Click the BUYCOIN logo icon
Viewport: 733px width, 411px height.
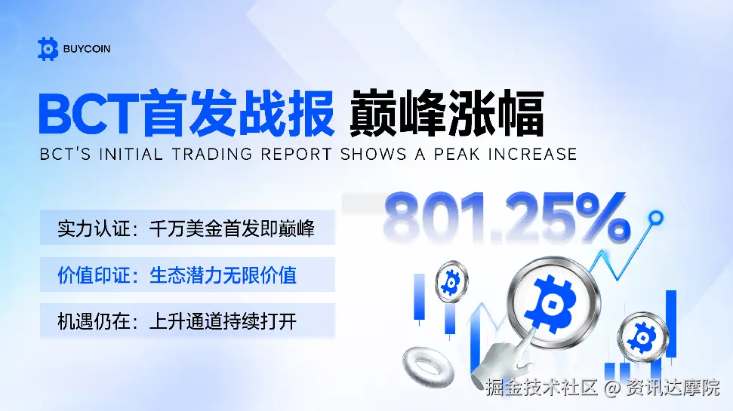click(48, 49)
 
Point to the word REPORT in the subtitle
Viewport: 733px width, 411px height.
click(294, 155)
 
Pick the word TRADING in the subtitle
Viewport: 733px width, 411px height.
click(211, 155)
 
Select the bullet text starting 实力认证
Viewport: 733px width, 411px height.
click(186, 229)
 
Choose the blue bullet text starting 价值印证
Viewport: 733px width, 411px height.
click(177, 275)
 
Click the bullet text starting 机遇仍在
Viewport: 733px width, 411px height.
click(177, 322)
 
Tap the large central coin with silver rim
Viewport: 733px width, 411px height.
click(554, 296)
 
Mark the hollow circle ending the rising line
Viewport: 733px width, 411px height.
click(657, 218)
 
